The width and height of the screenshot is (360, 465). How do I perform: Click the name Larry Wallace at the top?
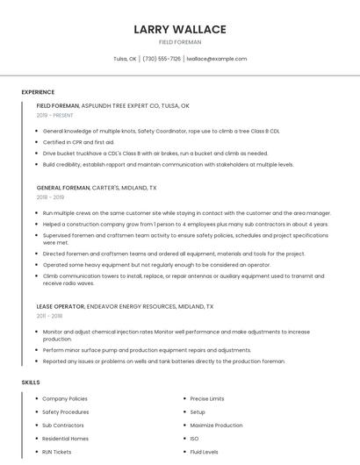tap(180, 29)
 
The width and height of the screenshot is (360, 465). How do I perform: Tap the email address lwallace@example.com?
tap(217, 59)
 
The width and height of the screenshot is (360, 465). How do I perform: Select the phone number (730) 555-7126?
tap(162, 59)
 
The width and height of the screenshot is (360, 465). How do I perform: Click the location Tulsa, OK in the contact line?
tap(125, 59)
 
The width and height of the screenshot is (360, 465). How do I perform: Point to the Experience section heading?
tap(38, 92)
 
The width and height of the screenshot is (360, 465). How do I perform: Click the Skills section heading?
tap(31, 383)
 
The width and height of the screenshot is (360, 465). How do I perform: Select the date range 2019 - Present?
tap(55, 115)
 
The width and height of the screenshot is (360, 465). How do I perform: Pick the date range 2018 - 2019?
tap(52, 197)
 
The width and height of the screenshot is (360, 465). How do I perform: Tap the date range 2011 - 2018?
tap(49, 316)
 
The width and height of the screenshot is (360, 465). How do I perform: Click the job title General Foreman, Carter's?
tap(97, 188)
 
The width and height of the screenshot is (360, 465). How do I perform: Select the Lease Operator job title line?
tap(125, 306)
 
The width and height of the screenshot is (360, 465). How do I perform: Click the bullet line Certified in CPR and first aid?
tap(78, 141)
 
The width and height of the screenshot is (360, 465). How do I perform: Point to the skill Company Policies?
tap(65, 398)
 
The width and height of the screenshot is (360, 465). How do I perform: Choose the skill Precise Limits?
tap(207, 398)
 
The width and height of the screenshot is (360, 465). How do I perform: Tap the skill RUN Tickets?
tap(57, 451)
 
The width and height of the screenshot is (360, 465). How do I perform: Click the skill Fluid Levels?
tap(204, 451)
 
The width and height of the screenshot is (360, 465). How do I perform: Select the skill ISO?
tap(194, 438)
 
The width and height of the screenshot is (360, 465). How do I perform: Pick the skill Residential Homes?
tap(65, 438)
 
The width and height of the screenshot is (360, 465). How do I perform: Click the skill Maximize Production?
tap(216, 425)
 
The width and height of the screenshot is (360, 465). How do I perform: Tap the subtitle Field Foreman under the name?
tap(180, 42)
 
